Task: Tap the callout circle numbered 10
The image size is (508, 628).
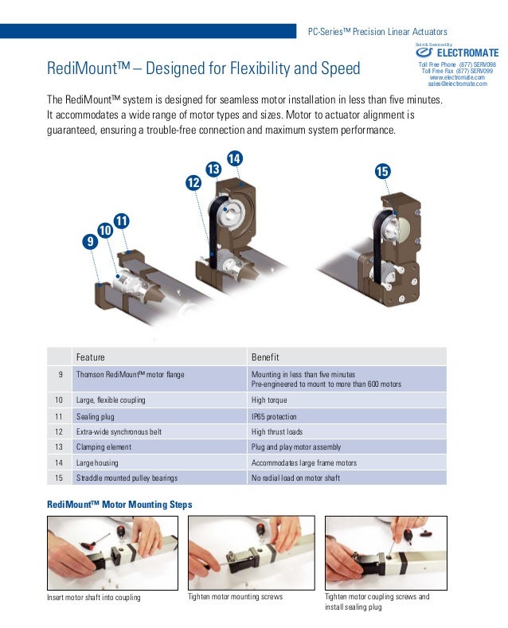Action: (x=106, y=230)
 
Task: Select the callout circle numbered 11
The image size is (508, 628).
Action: (x=122, y=219)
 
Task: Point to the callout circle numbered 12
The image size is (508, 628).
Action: (x=193, y=182)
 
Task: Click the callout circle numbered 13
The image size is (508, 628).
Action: (x=213, y=169)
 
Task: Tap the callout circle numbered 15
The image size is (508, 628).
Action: (x=382, y=172)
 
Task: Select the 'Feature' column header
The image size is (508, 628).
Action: (x=91, y=357)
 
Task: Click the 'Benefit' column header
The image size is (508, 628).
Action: (x=265, y=357)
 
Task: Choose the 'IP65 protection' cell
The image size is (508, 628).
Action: (x=274, y=416)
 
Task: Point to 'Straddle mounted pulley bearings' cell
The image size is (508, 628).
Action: (x=127, y=478)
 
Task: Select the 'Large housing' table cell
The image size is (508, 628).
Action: (x=98, y=462)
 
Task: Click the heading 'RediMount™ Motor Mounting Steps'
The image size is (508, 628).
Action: (x=119, y=505)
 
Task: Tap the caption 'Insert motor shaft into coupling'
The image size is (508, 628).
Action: (x=100, y=597)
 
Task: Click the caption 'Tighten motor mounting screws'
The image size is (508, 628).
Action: (x=235, y=596)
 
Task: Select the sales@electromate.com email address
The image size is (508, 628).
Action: (x=457, y=83)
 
